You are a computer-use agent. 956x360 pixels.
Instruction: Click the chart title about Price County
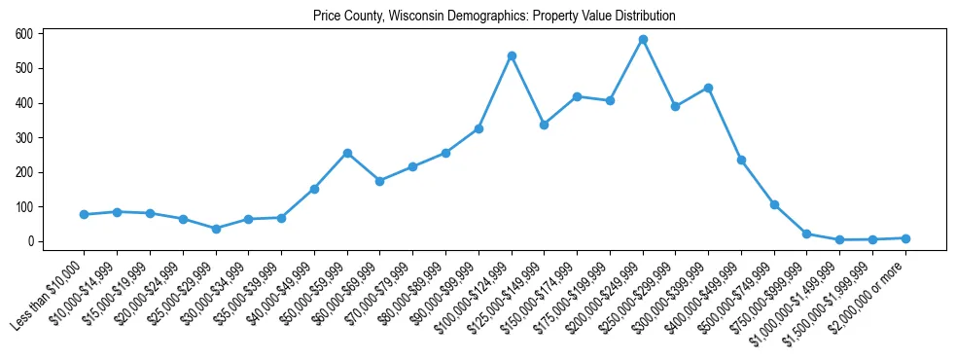tap(494, 17)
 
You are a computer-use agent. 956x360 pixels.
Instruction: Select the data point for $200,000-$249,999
tap(643, 40)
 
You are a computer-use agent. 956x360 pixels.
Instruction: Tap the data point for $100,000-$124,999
tap(512, 56)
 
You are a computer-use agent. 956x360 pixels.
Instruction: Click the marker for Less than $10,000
tap(85, 214)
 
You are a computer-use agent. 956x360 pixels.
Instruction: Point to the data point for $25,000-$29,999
tap(216, 229)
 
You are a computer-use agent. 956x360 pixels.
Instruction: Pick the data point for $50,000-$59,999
tap(347, 153)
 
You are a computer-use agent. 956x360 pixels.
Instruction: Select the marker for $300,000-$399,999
tap(708, 88)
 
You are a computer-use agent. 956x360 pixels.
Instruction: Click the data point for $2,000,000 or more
tap(905, 238)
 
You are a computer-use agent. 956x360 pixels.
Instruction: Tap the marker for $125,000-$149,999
tap(544, 125)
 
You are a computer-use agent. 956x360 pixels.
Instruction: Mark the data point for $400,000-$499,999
tap(741, 160)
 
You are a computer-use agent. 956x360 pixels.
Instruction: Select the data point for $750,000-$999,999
tap(807, 234)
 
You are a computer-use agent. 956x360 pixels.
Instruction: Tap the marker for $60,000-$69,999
tap(380, 181)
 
